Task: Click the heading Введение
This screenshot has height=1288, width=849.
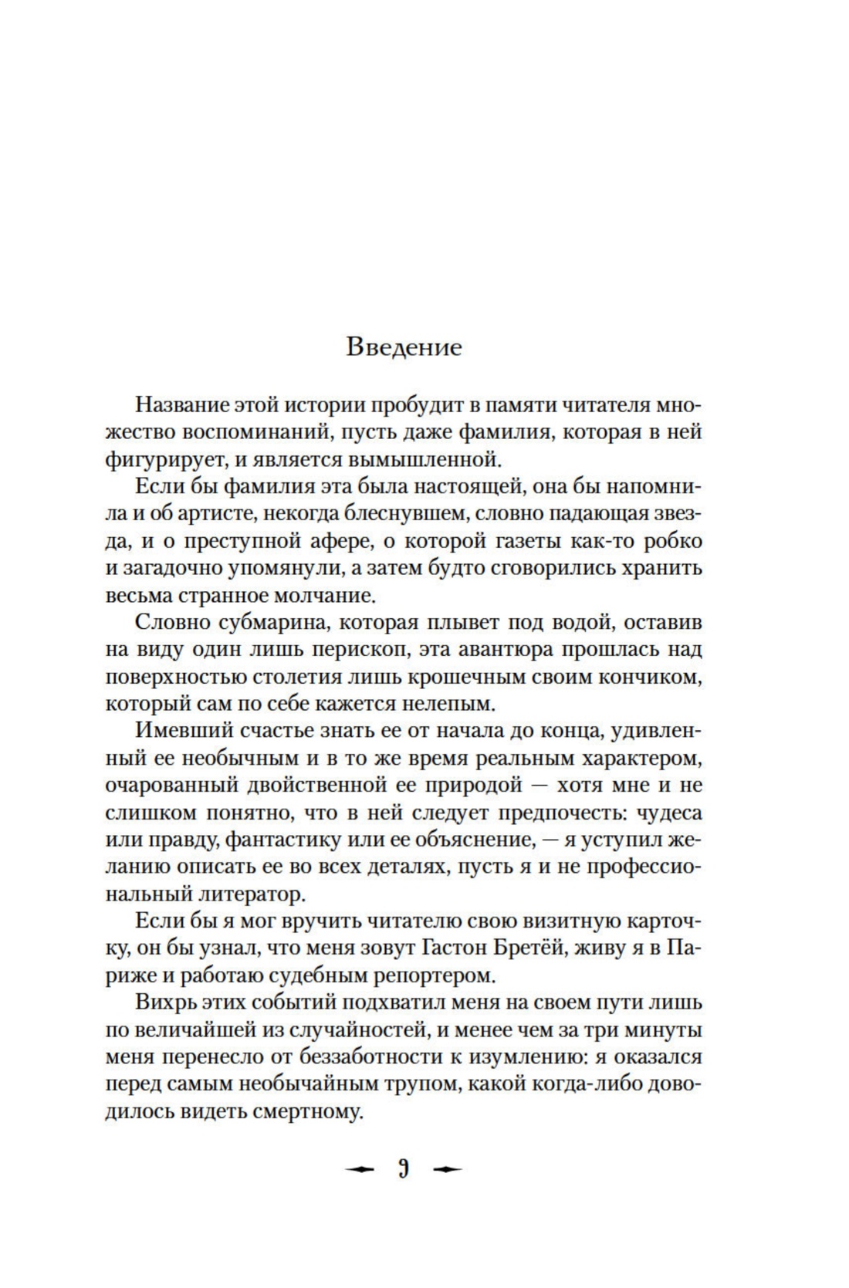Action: click(x=404, y=347)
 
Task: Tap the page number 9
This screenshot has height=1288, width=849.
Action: click(x=404, y=1169)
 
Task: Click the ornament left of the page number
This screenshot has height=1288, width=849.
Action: click(x=360, y=1169)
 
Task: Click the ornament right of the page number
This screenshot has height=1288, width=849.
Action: click(x=448, y=1169)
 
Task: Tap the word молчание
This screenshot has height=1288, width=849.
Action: click(x=316, y=597)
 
